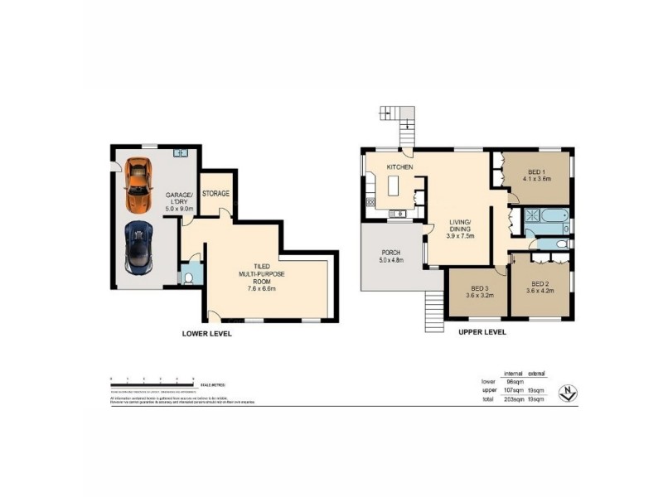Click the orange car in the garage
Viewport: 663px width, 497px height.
[138, 187]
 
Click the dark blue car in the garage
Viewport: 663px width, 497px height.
[138, 246]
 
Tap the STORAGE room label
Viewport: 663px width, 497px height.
[215, 194]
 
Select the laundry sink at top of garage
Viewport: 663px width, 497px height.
[182, 152]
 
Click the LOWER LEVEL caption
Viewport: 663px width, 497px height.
[206, 334]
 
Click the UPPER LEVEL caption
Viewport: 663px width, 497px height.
[482, 332]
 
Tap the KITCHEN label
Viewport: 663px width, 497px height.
[399, 167]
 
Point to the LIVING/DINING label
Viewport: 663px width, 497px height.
[460, 226]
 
